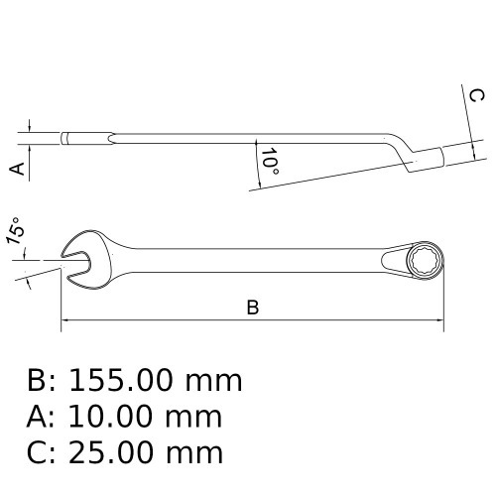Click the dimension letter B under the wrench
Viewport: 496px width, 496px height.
[x=253, y=308]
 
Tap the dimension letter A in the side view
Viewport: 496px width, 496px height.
[x=17, y=169]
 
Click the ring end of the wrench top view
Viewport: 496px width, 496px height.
[x=424, y=259]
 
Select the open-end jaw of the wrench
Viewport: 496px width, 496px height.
[x=79, y=258]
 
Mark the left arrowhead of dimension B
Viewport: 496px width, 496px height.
[x=65, y=320]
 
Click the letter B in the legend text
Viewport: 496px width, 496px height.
[x=38, y=381]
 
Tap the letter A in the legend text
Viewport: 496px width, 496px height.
[x=38, y=417]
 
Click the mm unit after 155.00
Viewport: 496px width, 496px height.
[x=214, y=381]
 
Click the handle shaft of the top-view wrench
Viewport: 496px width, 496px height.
[x=248, y=259]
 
